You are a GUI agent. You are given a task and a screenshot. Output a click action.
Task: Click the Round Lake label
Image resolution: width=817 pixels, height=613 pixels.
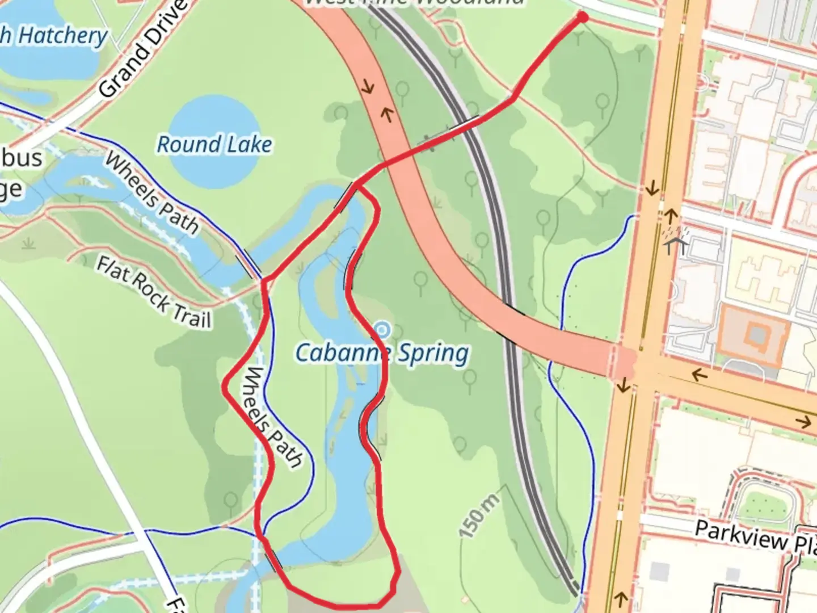(x=214, y=144)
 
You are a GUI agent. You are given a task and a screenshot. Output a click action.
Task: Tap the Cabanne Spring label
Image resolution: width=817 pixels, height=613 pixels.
(x=382, y=353)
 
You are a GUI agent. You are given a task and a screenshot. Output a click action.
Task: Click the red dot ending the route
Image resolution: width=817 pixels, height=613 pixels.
(x=582, y=18)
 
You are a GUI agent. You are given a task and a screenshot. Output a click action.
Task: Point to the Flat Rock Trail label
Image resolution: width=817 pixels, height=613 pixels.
(x=153, y=292)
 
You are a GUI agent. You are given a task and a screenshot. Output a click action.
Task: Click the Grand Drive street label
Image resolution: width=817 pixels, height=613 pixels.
(x=142, y=48)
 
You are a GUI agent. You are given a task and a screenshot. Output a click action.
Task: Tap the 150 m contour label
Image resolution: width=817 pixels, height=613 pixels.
(x=479, y=515)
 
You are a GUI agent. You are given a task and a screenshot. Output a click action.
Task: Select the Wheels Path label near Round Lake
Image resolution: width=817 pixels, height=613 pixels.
(x=151, y=193)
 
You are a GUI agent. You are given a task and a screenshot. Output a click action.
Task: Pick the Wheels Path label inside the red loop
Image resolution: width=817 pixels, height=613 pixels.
(x=273, y=418)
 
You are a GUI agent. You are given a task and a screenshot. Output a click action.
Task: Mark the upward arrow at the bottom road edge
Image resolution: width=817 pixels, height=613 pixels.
(x=621, y=598)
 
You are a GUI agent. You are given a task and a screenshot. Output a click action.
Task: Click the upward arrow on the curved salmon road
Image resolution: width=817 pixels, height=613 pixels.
(x=388, y=115)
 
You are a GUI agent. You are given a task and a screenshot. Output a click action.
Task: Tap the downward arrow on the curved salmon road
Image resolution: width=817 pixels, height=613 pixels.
(x=368, y=87)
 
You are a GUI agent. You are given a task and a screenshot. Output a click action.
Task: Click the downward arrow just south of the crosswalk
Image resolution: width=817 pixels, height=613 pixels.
(x=624, y=386)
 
